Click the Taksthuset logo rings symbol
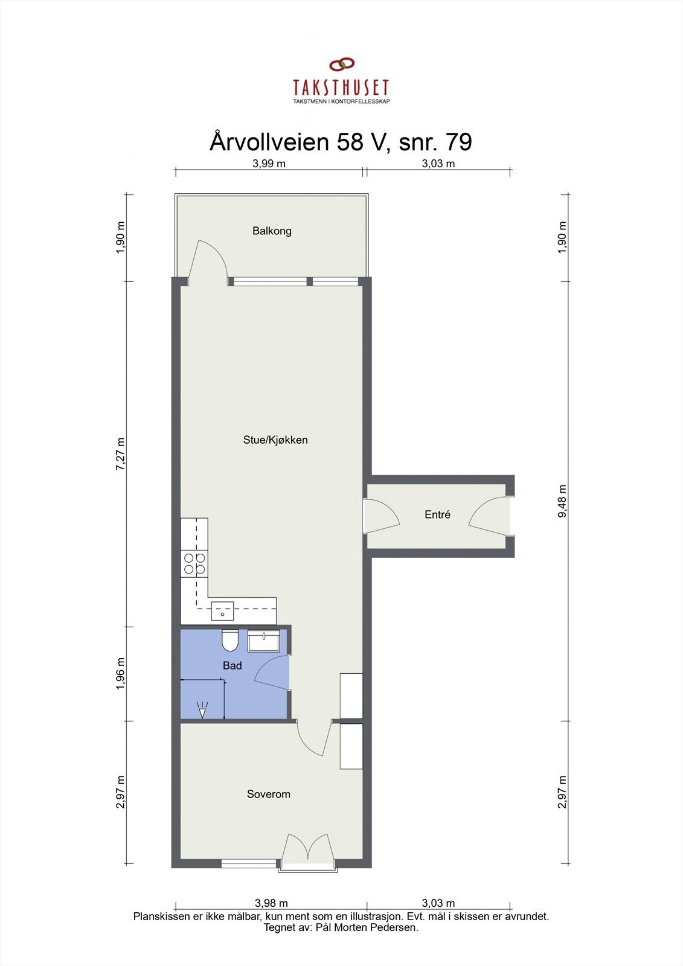coord(341,64)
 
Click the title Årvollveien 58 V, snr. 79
coord(341,142)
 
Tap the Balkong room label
coord(272,231)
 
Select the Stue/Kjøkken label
coord(275,440)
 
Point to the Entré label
coord(437,515)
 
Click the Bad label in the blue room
coord(232,665)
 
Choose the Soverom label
coord(269,794)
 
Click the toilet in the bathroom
coord(229,641)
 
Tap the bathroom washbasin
coord(263,641)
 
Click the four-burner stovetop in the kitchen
coord(194,564)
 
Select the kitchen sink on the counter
coord(222,612)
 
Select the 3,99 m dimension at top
coord(269,164)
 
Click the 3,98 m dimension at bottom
coord(271,903)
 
